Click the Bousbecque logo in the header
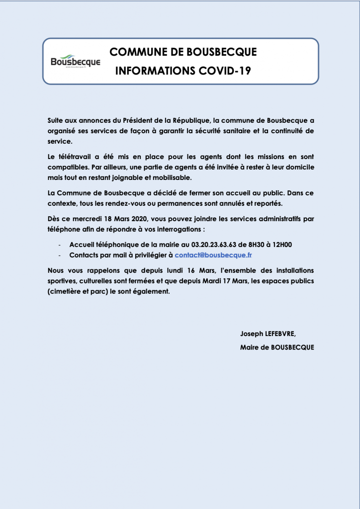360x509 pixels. (x=75, y=62)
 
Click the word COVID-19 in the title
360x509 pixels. (x=226, y=71)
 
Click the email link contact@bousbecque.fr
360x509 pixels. (x=214, y=254)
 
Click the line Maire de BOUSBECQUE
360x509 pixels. (x=276, y=347)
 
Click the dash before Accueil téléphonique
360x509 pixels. (x=59, y=245)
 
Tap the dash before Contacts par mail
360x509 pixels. (x=59, y=255)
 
